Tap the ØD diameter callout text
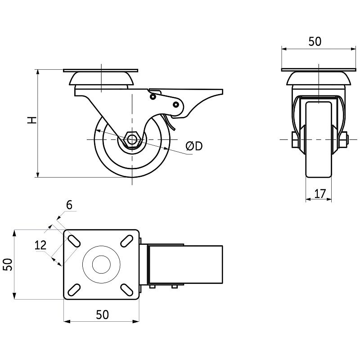point(194,146)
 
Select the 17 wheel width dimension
point(319,194)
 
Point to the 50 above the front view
point(315,41)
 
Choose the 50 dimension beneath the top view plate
point(102,315)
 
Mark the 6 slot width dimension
point(69,205)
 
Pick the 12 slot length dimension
point(40,245)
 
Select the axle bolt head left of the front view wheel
point(295,140)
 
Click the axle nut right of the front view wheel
point(343,140)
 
